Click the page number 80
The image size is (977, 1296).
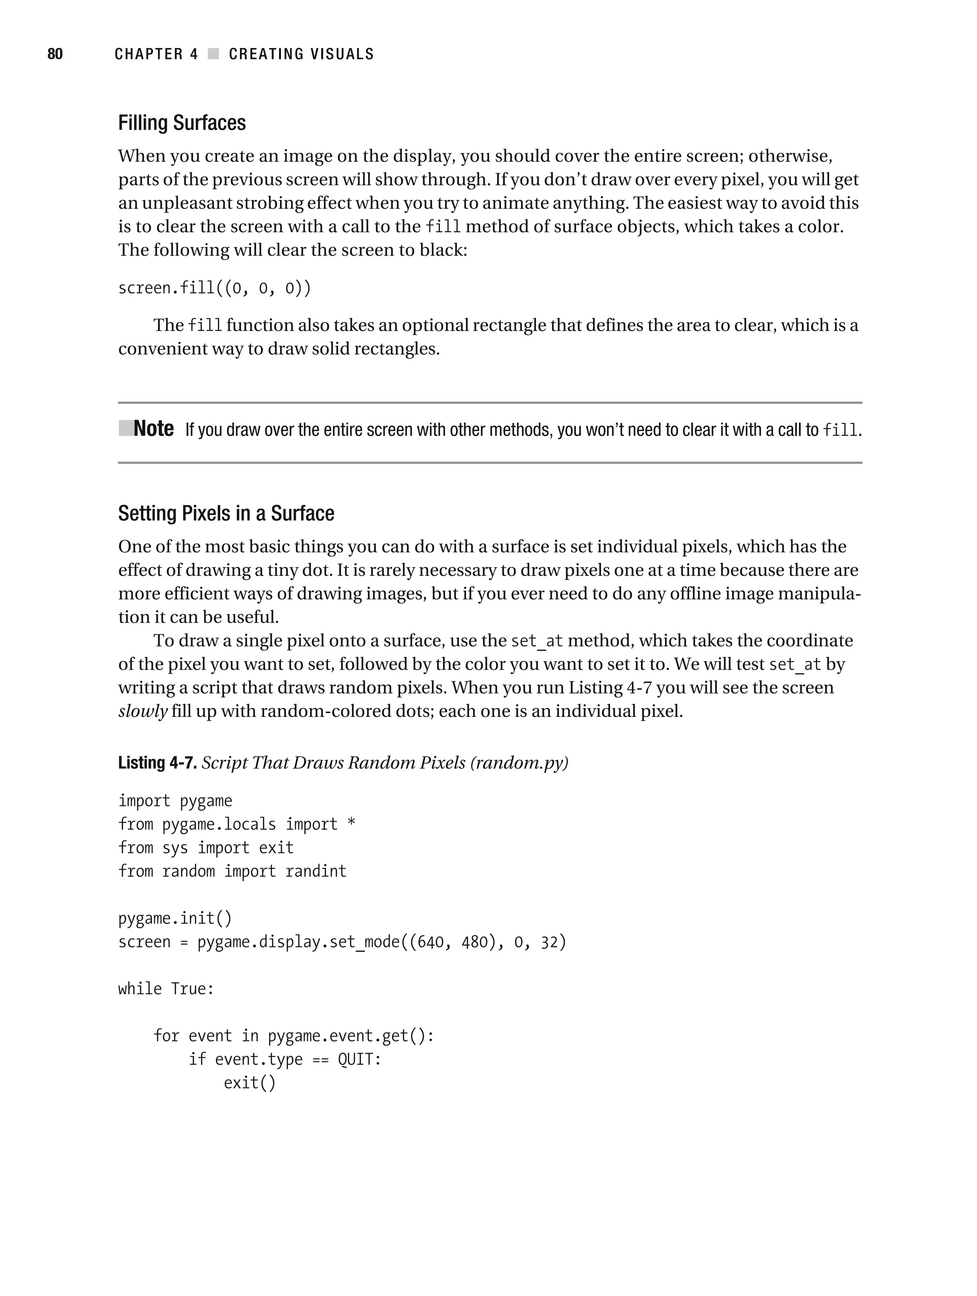pos(54,54)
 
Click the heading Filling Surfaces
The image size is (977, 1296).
pos(182,123)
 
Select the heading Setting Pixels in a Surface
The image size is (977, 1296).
pos(226,514)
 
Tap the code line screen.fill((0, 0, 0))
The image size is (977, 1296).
pos(215,288)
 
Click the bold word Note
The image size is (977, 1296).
pos(154,429)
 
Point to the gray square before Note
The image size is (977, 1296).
pos(125,428)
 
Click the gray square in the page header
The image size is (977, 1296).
pos(213,54)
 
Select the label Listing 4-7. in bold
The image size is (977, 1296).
pos(157,763)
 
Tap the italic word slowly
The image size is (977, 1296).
pos(143,711)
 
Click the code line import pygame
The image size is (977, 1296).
pos(175,801)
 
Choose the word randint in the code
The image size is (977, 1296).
pos(316,871)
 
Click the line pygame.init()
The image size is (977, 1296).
pos(175,918)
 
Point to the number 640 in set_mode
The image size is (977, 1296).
pos(430,942)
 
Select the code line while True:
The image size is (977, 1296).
pos(166,989)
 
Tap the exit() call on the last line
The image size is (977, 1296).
pos(249,1083)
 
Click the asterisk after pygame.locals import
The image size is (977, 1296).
pos(351,823)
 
